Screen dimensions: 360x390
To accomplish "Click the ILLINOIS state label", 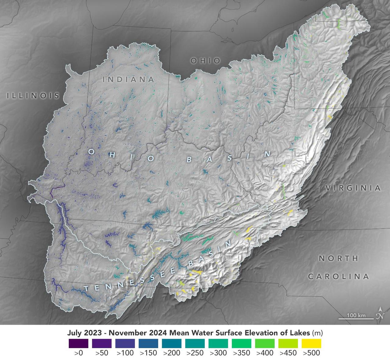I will click(33, 96).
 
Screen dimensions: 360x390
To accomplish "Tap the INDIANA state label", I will click(128, 79).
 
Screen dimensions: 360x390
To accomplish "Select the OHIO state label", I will click(205, 61).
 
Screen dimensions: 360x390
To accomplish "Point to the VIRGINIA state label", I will click(353, 188).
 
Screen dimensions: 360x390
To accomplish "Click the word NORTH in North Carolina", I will click(339, 258).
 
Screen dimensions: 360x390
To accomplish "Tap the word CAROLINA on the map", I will click(339, 277).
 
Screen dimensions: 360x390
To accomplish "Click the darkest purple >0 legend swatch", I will click(78, 344).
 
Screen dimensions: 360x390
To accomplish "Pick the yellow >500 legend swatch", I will click(311, 344).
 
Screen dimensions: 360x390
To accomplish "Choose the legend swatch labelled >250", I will click(195, 344).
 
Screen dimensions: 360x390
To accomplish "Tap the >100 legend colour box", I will click(125, 344).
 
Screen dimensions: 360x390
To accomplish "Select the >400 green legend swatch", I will click(264, 344).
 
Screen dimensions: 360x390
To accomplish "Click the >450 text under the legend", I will click(288, 353).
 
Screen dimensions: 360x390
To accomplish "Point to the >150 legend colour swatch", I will click(148, 344).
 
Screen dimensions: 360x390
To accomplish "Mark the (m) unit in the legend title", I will click(317, 333).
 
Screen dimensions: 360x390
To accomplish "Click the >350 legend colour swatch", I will click(241, 344).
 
